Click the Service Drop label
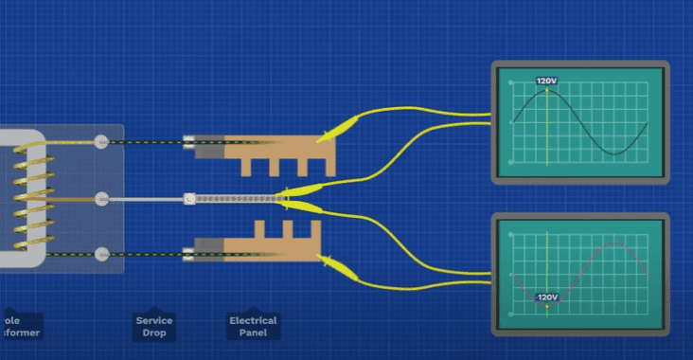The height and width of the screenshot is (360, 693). point(154,325)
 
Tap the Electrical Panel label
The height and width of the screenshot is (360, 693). point(253,325)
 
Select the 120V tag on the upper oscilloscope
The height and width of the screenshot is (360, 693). point(546,81)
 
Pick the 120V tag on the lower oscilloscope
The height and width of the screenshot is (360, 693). point(546,297)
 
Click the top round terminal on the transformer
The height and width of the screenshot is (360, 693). point(101,142)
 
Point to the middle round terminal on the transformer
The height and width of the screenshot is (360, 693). point(101,199)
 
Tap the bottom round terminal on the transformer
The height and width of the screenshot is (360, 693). point(101,253)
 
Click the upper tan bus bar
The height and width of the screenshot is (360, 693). point(275,152)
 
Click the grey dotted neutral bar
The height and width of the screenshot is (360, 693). point(237,199)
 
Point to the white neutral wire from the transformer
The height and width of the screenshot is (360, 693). point(142,199)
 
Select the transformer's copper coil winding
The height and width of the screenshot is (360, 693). point(27,199)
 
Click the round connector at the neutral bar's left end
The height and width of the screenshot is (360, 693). point(188,199)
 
